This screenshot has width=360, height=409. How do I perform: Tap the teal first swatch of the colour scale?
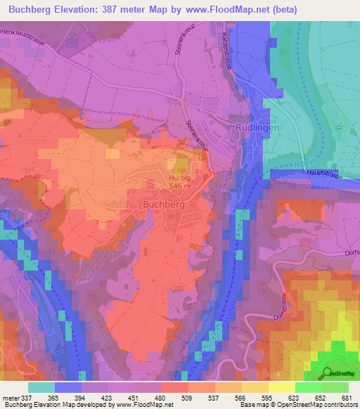click(x=41, y=387)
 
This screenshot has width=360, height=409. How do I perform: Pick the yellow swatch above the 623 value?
click(x=282, y=387)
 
